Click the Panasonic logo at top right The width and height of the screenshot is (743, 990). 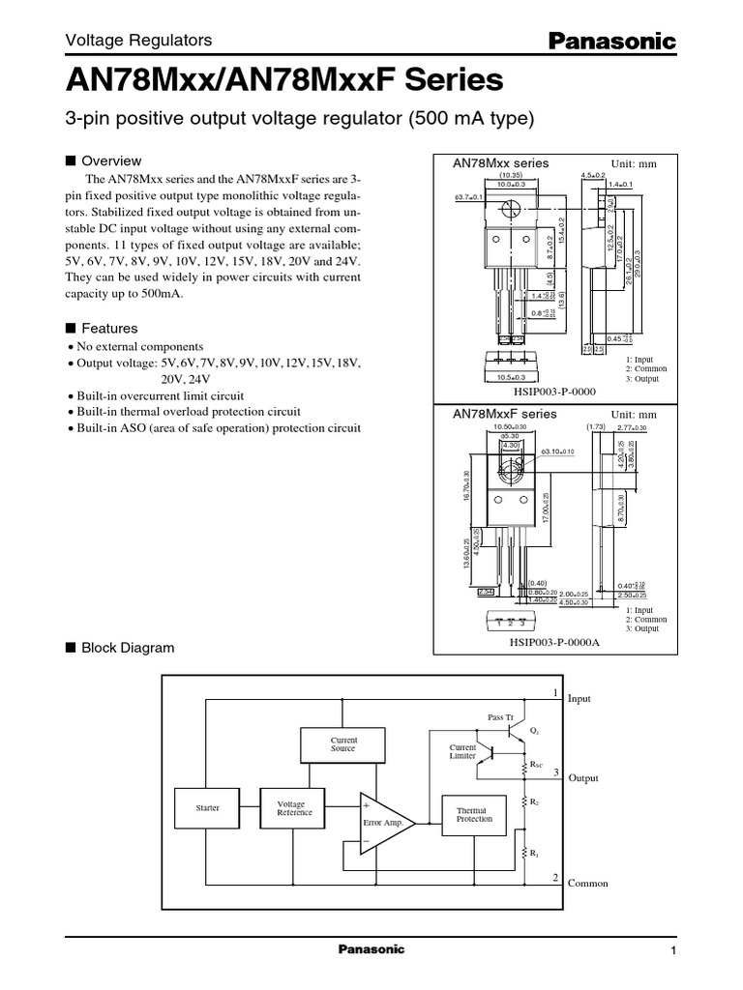612,39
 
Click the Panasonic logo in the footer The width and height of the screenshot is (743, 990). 371,950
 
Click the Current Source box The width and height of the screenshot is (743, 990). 342,743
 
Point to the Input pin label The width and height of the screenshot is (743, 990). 580,698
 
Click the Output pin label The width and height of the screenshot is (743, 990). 583,778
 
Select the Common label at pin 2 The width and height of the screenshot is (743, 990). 587,884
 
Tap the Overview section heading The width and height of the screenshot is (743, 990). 111,161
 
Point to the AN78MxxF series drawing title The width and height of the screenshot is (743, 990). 505,413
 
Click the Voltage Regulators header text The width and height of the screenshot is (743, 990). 137,41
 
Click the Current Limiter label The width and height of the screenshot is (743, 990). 463,752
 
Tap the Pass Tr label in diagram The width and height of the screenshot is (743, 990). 499,717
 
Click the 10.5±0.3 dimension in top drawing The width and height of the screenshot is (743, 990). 504,378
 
